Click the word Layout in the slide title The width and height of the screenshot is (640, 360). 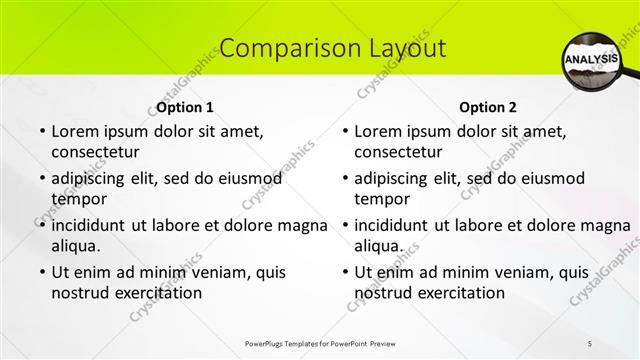399,48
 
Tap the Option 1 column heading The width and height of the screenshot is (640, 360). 185,107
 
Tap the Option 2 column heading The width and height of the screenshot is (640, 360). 489,107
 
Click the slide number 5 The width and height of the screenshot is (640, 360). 590,344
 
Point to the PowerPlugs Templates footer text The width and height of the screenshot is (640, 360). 319,344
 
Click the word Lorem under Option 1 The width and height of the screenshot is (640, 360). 76,131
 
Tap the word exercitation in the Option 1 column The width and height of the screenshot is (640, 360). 158,293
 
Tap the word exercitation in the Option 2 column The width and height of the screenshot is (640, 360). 461,293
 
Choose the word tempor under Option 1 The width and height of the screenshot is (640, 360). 76,199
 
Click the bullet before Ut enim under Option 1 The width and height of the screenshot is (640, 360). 40,272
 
